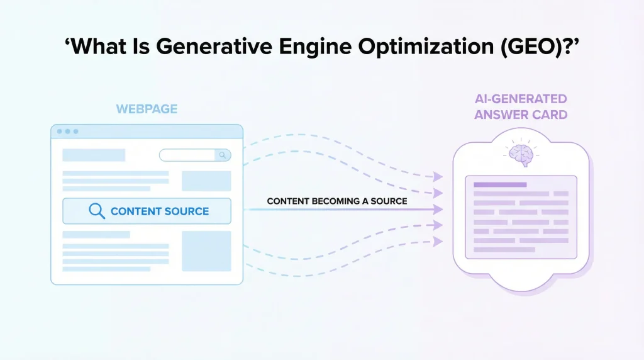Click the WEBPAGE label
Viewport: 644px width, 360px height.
coord(147,110)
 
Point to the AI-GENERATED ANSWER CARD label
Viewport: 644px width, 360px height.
coord(521,107)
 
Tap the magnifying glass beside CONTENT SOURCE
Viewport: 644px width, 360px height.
coord(97,211)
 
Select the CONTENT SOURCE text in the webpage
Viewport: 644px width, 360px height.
coord(160,211)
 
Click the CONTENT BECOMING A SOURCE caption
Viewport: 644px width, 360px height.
coord(337,201)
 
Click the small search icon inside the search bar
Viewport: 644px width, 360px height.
coord(223,155)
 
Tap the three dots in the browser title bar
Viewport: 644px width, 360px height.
coord(67,132)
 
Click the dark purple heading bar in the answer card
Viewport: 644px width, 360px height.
coord(500,184)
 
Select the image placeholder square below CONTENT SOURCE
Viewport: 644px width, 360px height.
coord(206,251)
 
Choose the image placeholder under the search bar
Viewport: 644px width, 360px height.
coord(206,181)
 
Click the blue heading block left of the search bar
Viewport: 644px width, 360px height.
coord(94,155)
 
